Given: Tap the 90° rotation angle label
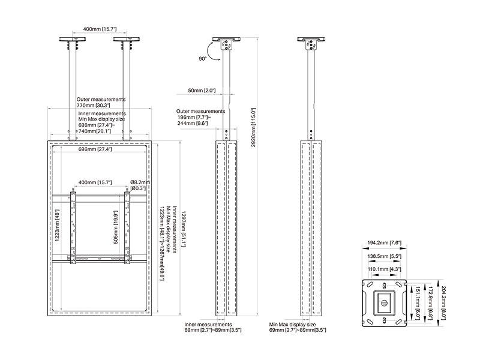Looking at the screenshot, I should pos(203,59).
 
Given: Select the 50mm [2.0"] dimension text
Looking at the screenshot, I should pos(202,91).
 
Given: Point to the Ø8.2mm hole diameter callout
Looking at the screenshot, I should pos(140,183).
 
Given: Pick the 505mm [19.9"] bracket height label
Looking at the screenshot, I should pos(115,225).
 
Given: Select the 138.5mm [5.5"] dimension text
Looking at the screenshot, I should pos(383,256).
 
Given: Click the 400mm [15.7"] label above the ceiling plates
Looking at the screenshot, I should pos(100,28).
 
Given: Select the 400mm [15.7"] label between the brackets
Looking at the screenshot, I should pos(96,182).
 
